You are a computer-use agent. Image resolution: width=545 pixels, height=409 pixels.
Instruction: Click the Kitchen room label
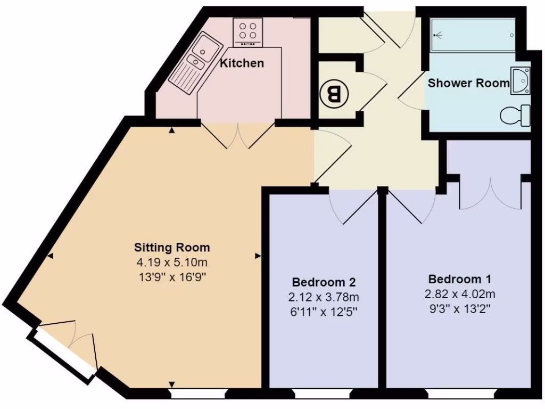pos(242,63)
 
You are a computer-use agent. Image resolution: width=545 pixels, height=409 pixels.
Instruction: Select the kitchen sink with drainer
pos(195,63)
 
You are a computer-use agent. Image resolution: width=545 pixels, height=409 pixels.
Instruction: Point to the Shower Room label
pos(468,83)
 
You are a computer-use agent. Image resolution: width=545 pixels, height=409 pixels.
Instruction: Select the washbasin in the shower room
pos(520,81)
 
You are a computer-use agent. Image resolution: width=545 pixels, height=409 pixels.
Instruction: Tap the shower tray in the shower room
pos(473,36)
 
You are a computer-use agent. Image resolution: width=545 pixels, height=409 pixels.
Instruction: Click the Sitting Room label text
pos(172,247)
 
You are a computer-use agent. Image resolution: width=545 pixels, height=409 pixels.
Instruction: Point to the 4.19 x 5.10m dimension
pos(172,262)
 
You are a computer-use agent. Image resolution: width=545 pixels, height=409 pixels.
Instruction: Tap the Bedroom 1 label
pos(460,279)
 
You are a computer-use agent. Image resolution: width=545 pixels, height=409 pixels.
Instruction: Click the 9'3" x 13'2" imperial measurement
pos(460,309)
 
